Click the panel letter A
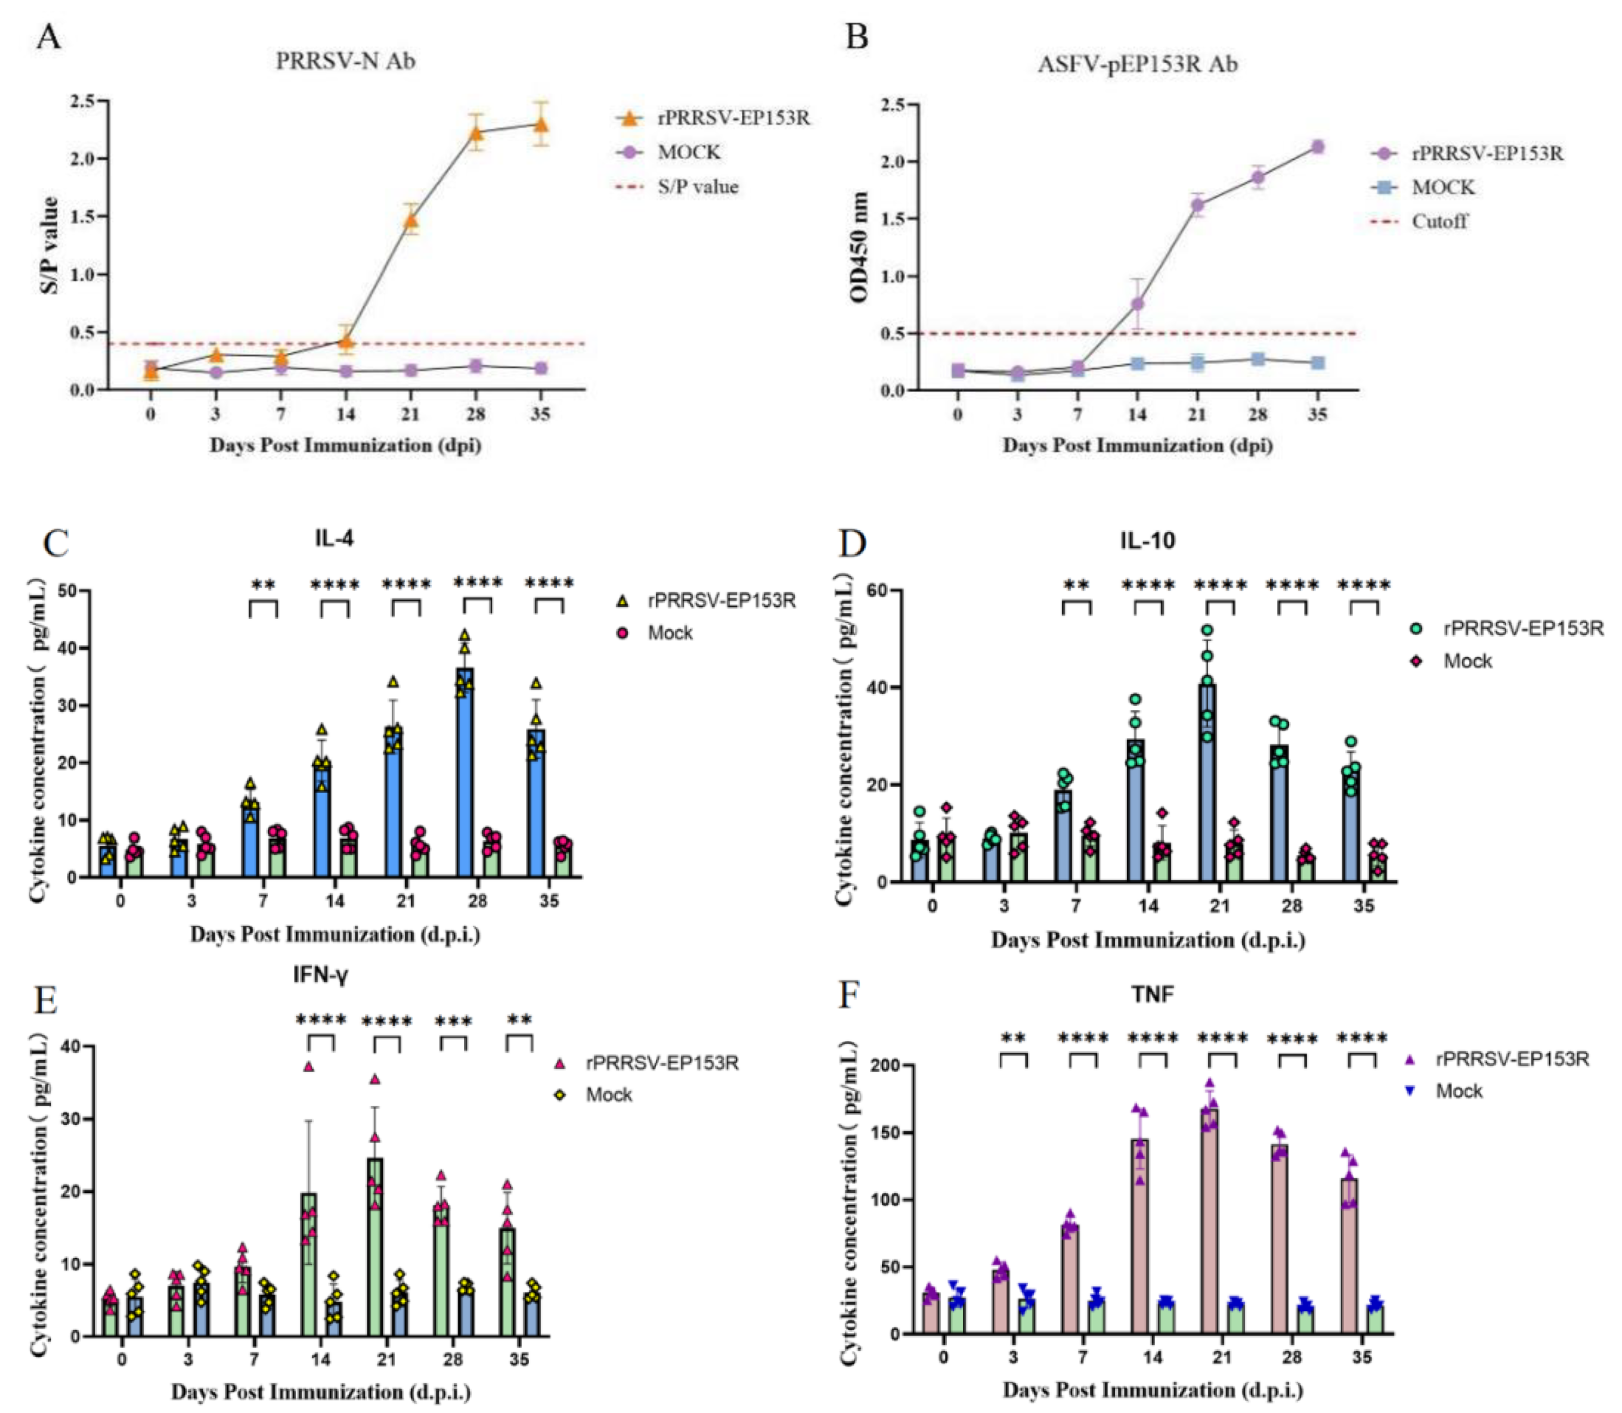coord(48,36)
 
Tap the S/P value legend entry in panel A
coord(698,187)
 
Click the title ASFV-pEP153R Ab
coord(1137,64)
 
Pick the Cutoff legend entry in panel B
coord(1439,222)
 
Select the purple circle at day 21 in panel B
coord(1198,206)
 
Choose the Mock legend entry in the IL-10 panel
coord(1467,661)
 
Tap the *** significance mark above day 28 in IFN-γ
coord(453,1022)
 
